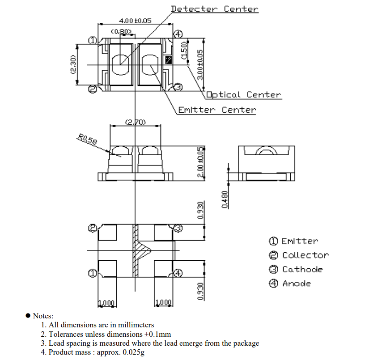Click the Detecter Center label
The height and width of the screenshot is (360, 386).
click(x=214, y=9)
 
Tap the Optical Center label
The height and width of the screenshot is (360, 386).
click(x=244, y=95)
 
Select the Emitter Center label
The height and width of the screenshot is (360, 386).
click(x=217, y=110)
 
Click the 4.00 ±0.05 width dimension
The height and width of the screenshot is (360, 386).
click(x=135, y=21)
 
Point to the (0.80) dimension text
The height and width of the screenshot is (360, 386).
click(x=121, y=31)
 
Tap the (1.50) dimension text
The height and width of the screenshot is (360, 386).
click(x=184, y=51)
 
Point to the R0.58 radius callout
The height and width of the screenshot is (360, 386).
click(x=87, y=140)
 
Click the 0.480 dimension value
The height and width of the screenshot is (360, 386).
click(x=225, y=199)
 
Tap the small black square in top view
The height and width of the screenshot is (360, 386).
click(x=169, y=59)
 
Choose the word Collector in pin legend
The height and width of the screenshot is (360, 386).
click(x=305, y=255)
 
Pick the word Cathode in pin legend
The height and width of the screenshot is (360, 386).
click(x=302, y=269)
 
